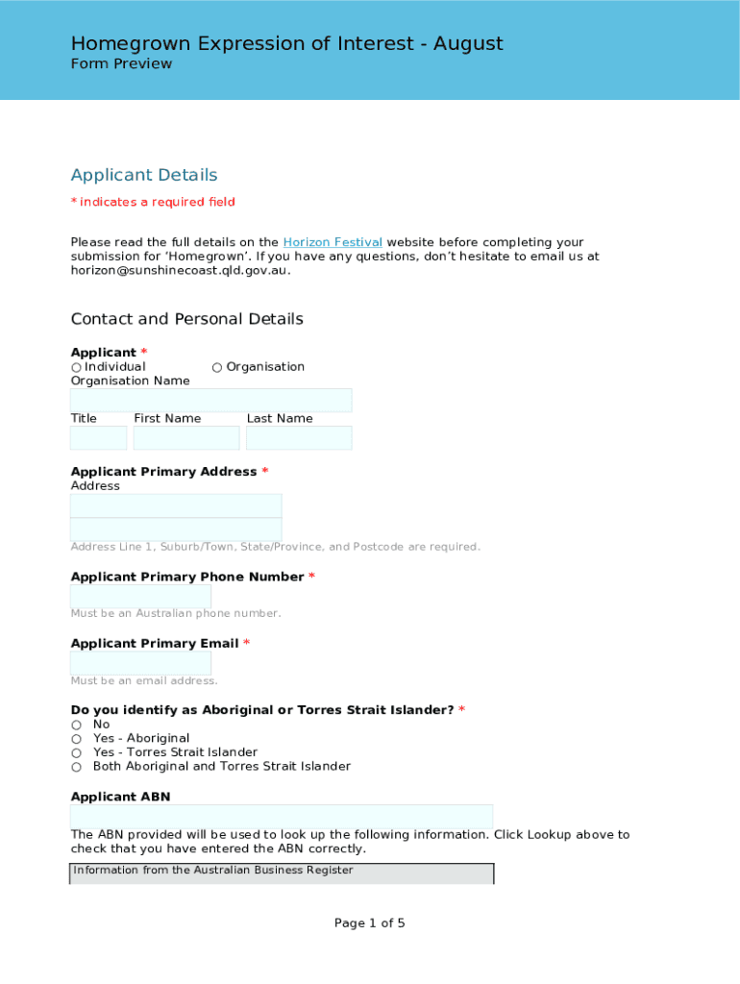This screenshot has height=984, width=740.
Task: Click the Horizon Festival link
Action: coord(333,242)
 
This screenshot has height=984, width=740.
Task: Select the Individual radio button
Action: coord(77,367)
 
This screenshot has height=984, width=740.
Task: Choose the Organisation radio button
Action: coord(217,367)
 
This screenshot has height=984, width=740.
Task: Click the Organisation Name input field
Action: coord(210,400)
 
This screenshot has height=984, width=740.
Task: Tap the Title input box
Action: coord(98,438)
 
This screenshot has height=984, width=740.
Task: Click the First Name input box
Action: coord(185,438)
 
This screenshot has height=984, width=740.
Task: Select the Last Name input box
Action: coord(299,438)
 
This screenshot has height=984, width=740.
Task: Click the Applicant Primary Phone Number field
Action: coord(140,596)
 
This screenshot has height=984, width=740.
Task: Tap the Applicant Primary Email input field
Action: coord(140,663)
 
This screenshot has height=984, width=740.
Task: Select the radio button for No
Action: coord(77,725)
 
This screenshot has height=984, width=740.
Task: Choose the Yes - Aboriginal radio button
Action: coord(77,739)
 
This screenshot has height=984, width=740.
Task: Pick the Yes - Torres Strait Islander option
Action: coord(77,752)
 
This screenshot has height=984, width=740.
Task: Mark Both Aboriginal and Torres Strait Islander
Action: coord(77,767)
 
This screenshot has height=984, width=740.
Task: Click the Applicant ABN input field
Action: coord(282,817)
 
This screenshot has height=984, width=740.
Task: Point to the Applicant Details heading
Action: coord(144,175)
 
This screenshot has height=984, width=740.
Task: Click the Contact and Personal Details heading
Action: coord(186,319)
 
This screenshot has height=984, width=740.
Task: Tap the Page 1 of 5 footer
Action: coord(369,923)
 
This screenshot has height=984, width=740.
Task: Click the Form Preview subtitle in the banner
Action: coord(121,63)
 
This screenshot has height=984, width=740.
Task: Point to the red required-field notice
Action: coord(153,202)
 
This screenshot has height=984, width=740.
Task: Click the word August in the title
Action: coord(468,43)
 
